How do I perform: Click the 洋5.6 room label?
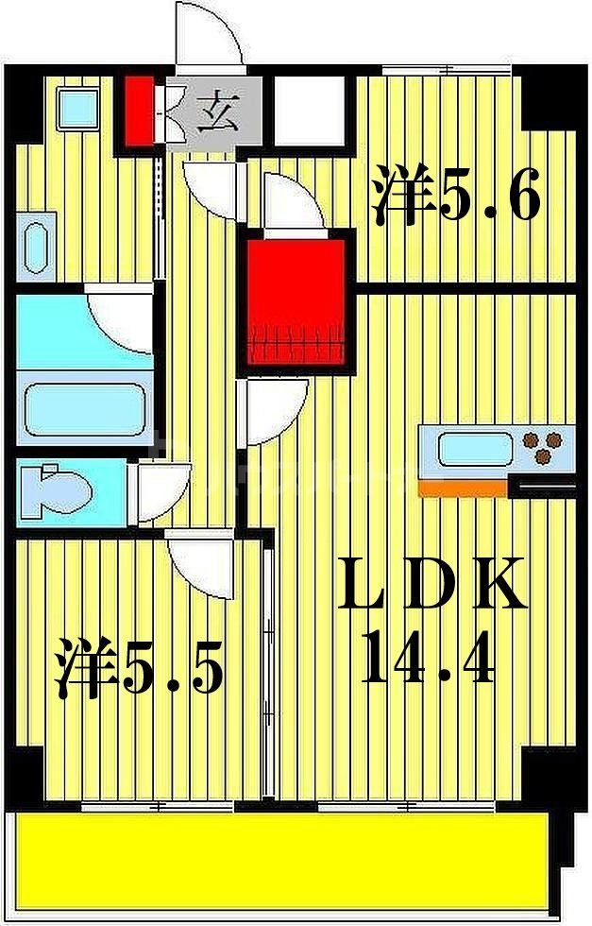pyautogui.click(x=456, y=196)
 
